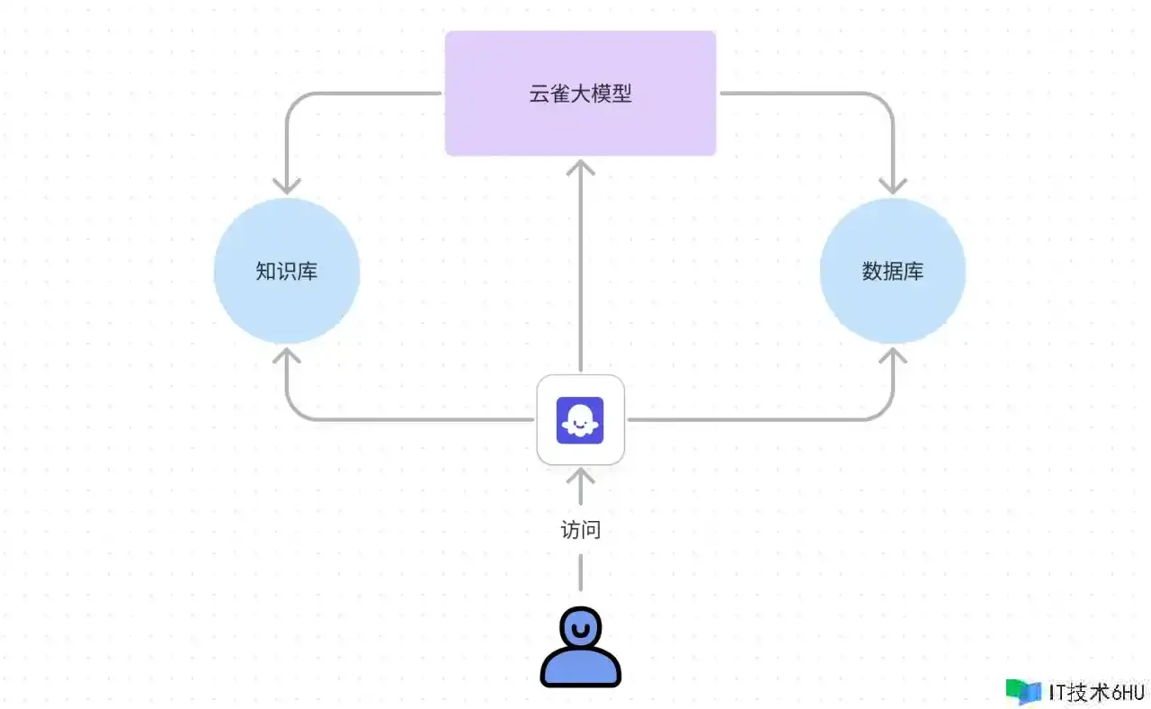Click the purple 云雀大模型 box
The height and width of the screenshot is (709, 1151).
[580, 126]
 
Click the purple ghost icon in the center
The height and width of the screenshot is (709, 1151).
[580, 419]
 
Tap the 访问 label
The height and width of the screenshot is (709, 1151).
[580, 530]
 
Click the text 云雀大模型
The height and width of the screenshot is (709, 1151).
[580, 94]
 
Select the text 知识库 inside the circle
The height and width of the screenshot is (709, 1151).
[287, 271]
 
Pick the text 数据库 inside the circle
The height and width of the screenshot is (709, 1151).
[892, 271]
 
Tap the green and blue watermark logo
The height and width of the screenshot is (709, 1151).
[1023, 691]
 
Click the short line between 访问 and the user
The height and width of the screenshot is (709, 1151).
[581, 572]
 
